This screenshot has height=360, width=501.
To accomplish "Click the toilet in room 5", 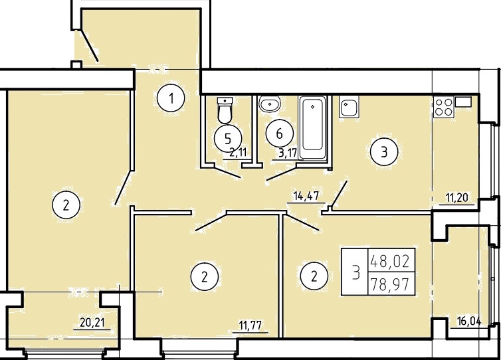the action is pos(225,110).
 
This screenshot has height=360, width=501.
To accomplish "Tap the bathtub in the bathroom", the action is pos(312,128).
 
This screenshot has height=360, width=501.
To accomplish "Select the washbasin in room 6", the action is pos(270,104).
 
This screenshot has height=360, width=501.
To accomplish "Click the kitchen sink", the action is pos(349,108).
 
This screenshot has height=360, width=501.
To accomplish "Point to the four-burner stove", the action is pos(444,108).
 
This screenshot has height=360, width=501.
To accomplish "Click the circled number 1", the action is pos(171,98).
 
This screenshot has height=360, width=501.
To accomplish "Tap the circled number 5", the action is pos(228,139).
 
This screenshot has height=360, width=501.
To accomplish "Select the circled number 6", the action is pos(280,134).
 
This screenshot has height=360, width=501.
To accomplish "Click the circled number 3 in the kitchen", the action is pos(384,152).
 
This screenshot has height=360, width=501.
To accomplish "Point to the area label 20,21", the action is pos(92,323).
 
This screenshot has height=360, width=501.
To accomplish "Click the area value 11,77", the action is pos(250,326).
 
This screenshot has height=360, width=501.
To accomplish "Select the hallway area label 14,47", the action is pos(306,196).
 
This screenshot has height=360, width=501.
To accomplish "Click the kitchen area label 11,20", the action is pos(457,198).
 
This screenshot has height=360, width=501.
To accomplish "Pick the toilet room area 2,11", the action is pos(239,152).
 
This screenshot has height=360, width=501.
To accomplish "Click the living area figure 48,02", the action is pos(390,262).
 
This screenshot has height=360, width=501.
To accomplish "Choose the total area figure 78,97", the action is pos(389,284).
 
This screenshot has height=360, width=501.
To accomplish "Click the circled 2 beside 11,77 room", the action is pos(205,276).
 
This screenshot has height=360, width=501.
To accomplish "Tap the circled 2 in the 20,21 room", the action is pos(66,205).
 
